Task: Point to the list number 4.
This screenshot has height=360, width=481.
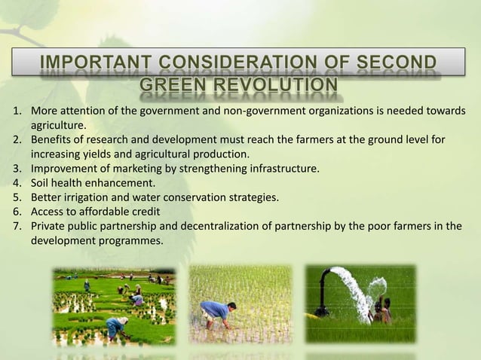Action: click(16, 182)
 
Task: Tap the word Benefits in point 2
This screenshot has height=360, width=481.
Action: click(51, 140)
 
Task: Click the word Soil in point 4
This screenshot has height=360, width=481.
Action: click(41, 182)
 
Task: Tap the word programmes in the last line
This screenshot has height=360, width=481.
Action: click(130, 241)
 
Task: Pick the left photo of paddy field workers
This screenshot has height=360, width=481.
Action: click(113, 306)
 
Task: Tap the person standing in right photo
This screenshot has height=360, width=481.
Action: click(386, 310)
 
